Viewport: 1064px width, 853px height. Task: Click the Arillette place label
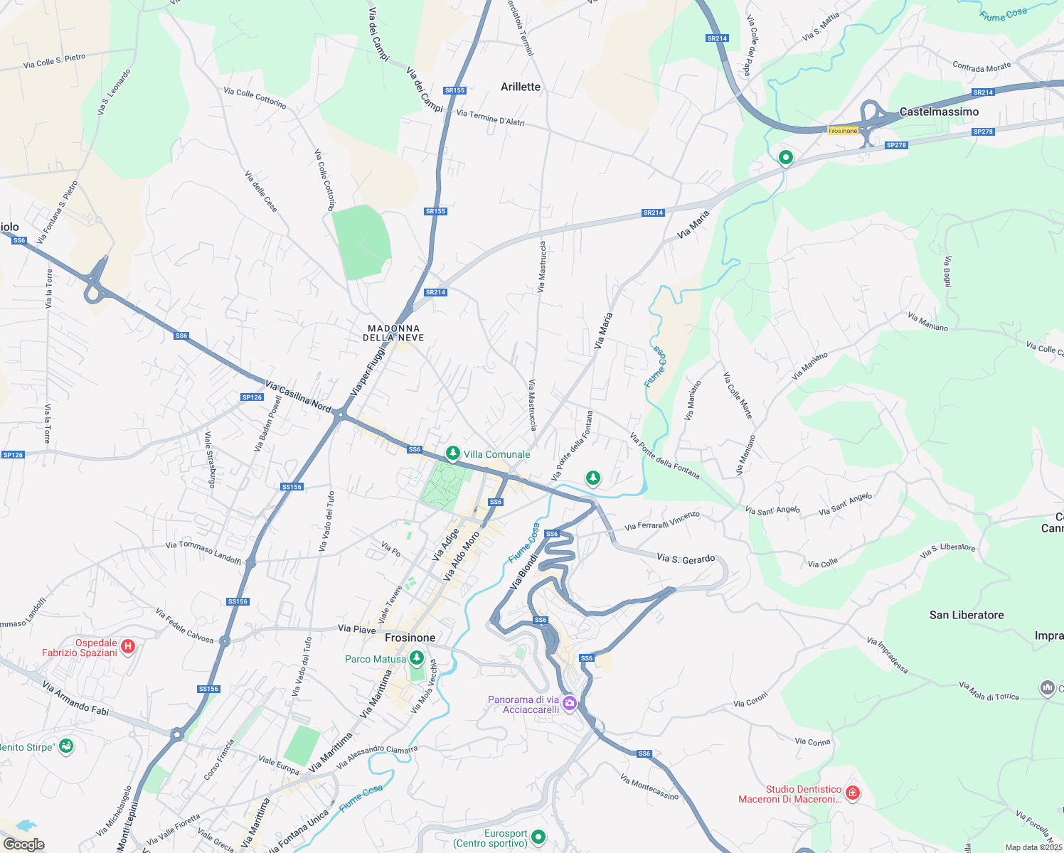(520, 87)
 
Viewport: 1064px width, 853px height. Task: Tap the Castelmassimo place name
(939, 112)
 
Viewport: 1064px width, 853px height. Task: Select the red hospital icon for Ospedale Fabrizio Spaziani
(128, 646)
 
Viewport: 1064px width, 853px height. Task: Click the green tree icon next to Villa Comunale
(452, 453)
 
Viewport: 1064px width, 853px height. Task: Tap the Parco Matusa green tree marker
(417, 658)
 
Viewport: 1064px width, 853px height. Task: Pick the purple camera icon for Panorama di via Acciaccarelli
(569, 704)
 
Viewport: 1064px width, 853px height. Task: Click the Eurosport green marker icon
(538, 837)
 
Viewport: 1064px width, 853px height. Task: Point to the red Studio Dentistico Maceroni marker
(852, 793)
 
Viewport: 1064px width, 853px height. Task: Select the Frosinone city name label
(410, 638)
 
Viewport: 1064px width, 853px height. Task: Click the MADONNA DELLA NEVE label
(393, 333)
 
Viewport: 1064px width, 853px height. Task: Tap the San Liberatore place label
(967, 615)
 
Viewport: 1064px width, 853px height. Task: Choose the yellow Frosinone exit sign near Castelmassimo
(844, 131)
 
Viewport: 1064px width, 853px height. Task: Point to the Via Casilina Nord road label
(298, 396)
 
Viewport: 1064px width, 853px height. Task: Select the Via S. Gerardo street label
(686, 559)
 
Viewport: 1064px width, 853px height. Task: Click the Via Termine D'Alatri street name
(490, 118)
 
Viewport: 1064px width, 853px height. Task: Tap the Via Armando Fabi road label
(75, 698)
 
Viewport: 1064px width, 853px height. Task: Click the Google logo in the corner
(23, 844)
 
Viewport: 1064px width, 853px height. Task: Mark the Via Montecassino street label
(649, 787)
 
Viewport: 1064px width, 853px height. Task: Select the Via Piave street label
(356, 628)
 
